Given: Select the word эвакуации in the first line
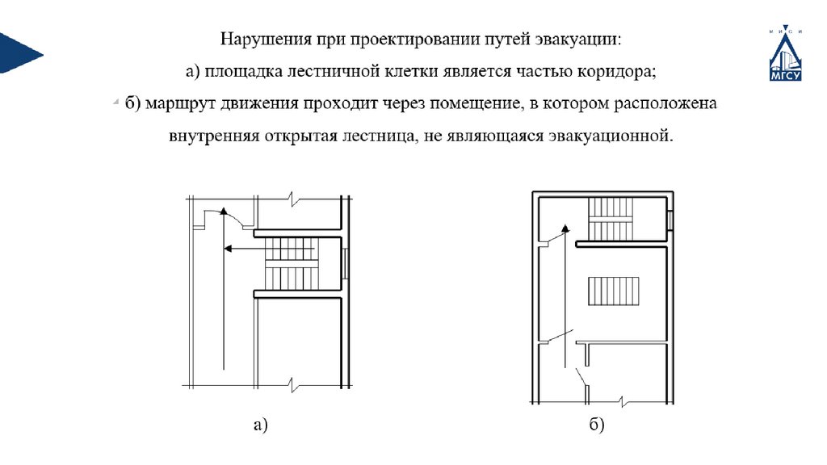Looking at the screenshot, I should point(578,39).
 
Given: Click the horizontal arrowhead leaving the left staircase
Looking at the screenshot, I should point(229,249).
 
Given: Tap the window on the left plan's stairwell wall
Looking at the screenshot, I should point(346,263).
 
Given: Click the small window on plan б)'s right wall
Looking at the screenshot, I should point(670,220).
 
